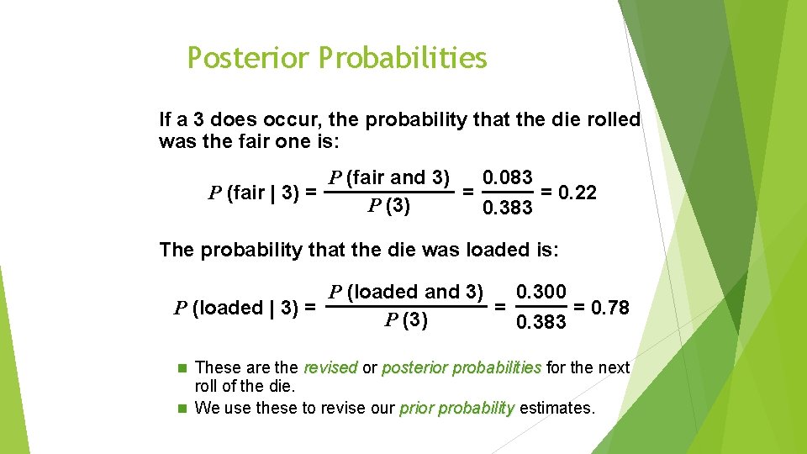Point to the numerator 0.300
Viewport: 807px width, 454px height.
pos(541,293)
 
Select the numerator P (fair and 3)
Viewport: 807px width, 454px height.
pos(390,177)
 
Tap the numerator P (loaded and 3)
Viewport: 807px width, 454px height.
pos(406,293)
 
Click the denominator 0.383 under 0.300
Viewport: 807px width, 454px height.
pos(541,323)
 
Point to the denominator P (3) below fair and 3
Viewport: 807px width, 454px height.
pos(389,207)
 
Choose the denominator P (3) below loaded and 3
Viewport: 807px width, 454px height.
pos(406,320)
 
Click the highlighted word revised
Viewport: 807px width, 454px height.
pos(330,367)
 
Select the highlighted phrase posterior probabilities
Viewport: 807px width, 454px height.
pos(462,367)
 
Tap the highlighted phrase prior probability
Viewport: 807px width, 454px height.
pos(456,409)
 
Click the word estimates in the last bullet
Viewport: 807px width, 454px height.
pos(556,409)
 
